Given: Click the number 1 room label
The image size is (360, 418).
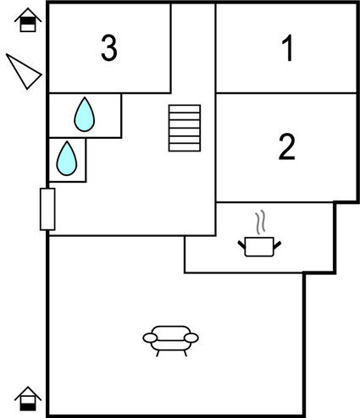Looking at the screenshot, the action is pyautogui.click(x=289, y=48).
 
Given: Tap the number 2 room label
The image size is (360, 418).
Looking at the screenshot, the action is pyautogui.click(x=286, y=146).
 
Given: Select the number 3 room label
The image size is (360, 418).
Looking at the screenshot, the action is pyautogui.click(x=109, y=48).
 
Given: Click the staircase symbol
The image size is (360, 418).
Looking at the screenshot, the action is pyautogui.click(x=185, y=128).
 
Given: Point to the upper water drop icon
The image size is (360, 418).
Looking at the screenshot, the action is pyautogui.click(x=85, y=114).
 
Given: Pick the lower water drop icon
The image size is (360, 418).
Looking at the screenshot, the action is pyautogui.click(x=67, y=158).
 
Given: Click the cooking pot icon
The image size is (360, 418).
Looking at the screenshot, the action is pyautogui.click(x=259, y=247).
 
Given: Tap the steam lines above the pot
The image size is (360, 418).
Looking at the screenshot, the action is pyautogui.click(x=261, y=222).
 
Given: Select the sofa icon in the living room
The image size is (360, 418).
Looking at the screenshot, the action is pyautogui.click(x=171, y=341).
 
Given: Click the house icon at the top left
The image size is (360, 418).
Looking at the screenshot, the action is pyautogui.click(x=28, y=20).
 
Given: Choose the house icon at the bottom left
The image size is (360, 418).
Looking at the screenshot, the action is pyautogui.click(x=28, y=399).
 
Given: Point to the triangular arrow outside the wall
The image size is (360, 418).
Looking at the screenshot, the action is pyautogui.click(x=24, y=71).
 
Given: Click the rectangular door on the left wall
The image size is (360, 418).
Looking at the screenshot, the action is pyautogui.click(x=47, y=209).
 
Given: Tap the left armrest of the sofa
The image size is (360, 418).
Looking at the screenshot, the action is pyautogui.click(x=150, y=338).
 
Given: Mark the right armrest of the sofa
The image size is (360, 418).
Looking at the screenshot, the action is pyautogui.click(x=191, y=338).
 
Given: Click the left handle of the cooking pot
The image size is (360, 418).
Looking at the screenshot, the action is pyautogui.click(x=241, y=245).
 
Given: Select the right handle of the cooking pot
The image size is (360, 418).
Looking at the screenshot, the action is pyautogui.click(x=277, y=245).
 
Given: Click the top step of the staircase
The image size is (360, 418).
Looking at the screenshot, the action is pyautogui.click(x=185, y=108).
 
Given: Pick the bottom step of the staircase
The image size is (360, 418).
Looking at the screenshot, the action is pyautogui.click(x=185, y=147).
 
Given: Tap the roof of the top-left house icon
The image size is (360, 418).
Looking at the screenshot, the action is pyautogui.click(x=28, y=13).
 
